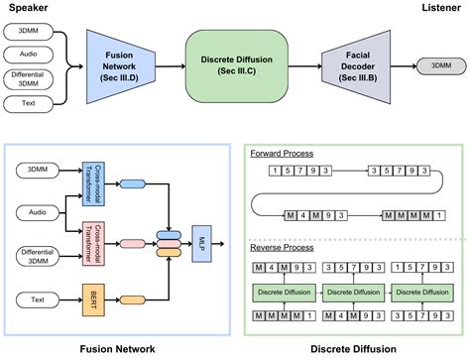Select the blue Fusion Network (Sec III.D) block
click(116, 65)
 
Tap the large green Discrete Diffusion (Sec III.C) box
click(234, 65)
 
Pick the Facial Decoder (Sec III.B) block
click(351, 65)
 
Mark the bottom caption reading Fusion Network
click(117, 349)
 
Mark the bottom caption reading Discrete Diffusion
click(354, 349)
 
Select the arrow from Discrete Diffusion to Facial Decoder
click(302, 65)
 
